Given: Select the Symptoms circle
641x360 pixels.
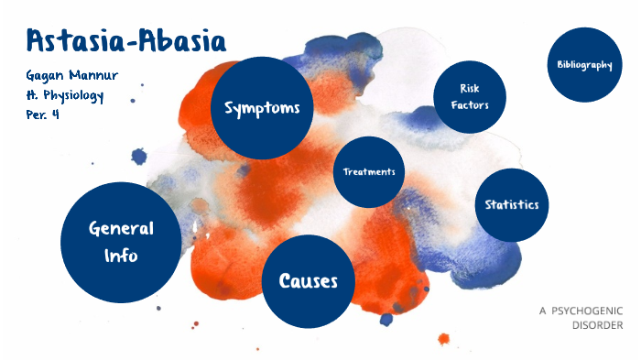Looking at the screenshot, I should [262, 108].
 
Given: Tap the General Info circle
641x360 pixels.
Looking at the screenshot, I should [120, 242].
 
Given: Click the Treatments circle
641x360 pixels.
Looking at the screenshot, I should [369, 172].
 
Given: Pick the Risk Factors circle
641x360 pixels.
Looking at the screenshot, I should [469, 96].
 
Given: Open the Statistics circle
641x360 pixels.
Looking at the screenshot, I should [512, 205].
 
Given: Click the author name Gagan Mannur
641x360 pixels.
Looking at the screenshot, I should [70, 75].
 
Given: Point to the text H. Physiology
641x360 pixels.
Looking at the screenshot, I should [65, 95].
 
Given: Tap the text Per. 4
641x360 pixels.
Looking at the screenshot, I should [43, 115].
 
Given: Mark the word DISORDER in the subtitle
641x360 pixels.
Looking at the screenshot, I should [597, 325].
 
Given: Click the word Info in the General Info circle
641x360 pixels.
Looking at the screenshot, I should [120, 256].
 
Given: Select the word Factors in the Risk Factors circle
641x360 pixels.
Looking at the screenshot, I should [469, 104].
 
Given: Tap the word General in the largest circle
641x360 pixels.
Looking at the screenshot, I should [120, 229].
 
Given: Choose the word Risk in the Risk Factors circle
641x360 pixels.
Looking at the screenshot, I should [469, 88].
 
